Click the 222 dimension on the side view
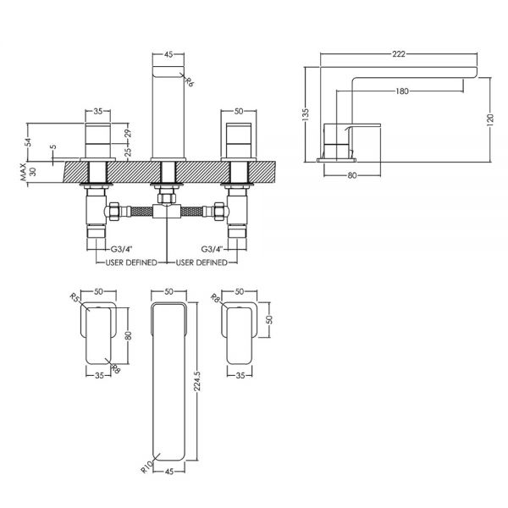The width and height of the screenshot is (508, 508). [x=399, y=54]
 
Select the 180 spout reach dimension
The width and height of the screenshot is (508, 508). [x=401, y=91]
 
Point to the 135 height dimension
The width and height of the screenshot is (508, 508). [x=305, y=115]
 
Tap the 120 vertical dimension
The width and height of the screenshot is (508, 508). [x=490, y=119]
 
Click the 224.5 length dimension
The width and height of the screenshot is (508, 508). [x=197, y=381]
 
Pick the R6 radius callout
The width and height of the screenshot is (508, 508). [x=190, y=81]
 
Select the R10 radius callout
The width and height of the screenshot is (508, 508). [x=146, y=467]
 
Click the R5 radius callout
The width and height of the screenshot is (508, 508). [x=75, y=297]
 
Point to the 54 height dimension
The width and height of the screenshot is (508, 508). [x=30, y=142]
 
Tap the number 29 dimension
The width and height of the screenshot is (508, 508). [x=128, y=134]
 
